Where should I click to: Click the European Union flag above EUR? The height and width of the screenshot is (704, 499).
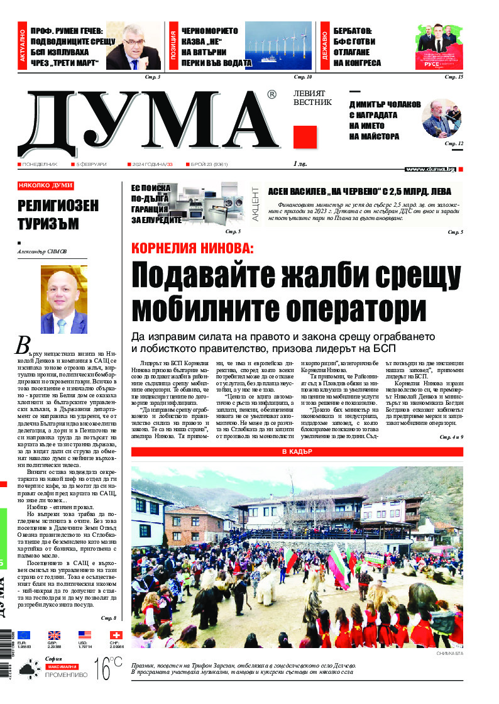(24, 635)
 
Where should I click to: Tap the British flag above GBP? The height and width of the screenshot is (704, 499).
(54, 635)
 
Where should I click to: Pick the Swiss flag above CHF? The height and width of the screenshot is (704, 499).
(115, 635)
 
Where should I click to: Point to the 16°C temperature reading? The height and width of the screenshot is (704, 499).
(107, 669)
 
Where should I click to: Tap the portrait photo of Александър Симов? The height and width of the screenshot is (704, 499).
(63, 299)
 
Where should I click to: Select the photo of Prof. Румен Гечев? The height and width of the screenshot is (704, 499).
(134, 47)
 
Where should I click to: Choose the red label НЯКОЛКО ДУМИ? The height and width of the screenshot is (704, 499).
(46, 186)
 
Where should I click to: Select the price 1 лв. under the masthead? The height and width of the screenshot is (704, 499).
(301, 164)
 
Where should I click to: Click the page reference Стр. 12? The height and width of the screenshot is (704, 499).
(454, 144)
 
